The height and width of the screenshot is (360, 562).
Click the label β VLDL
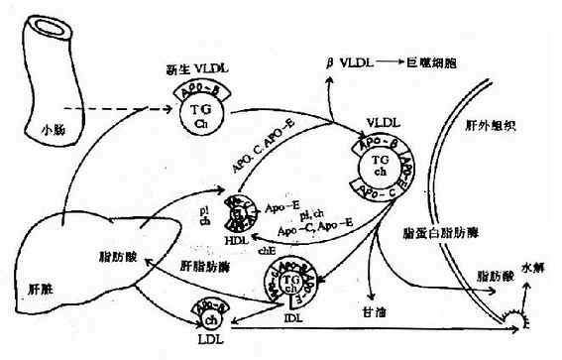coord(347,62)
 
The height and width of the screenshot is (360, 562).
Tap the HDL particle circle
coord(238,217)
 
